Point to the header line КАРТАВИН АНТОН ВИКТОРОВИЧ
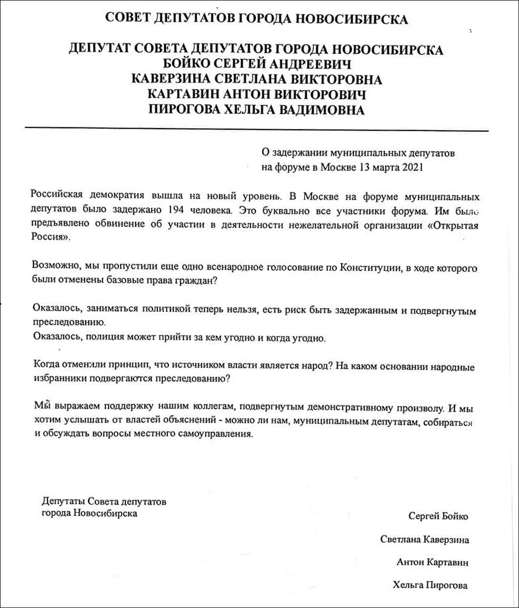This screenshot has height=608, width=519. (x=256, y=94)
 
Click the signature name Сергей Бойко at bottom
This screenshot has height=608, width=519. (x=438, y=516)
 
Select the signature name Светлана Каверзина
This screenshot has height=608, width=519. (x=424, y=540)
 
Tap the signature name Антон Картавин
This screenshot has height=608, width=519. (x=432, y=562)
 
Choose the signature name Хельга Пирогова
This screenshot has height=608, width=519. (x=430, y=586)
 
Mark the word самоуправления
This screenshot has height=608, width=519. (x=213, y=434)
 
